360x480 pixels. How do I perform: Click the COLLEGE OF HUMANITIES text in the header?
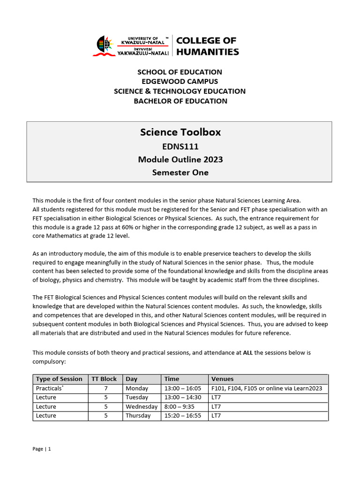(207, 46)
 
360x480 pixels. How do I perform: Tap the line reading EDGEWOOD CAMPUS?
(180, 82)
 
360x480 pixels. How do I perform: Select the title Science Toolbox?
(180, 132)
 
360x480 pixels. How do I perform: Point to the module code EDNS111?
(180, 146)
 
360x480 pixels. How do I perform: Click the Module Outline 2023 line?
(180, 159)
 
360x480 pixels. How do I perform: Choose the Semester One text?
(180, 172)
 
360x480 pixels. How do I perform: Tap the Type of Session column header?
(59, 379)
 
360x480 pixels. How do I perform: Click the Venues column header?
(222, 379)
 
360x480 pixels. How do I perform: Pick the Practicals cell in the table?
(49, 388)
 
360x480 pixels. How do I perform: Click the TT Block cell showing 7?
(106, 388)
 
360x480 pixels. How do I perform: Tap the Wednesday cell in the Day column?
(141, 406)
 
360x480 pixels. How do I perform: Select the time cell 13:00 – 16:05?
(182, 388)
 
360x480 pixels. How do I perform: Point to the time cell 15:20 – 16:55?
(182, 416)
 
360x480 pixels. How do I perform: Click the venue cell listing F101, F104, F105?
(267, 388)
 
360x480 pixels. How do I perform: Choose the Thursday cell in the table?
(138, 416)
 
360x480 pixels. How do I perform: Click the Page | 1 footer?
(42, 449)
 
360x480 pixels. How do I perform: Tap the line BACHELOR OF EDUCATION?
(180, 101)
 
